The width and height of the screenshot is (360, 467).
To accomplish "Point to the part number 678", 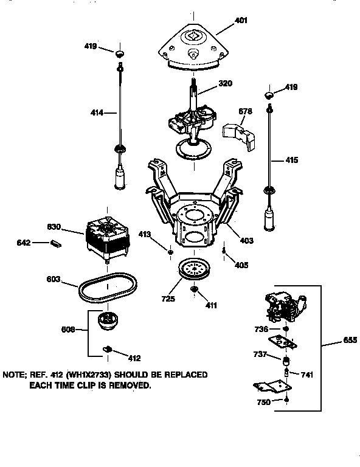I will tap(245, 111).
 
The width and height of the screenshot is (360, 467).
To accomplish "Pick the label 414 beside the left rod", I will tap(96, 112).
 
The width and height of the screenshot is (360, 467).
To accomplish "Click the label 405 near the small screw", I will tap(241, 265).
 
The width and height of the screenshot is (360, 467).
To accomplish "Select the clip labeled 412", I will tap(108, 348).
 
